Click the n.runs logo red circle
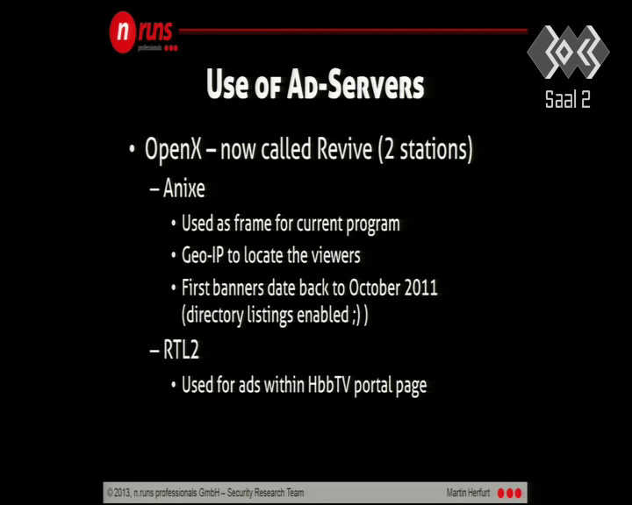(122, 32)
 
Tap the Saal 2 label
(568, 99)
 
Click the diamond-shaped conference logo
(568, 52)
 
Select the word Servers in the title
(376, 85)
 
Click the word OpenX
(173, 149)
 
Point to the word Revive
(344, 149)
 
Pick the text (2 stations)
(425, 150)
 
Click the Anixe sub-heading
(184, 188)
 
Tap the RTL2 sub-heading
(181, 350)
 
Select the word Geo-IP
(202, 255)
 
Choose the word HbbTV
(329, 384)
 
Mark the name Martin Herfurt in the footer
(468, 493)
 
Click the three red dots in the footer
(509, 493)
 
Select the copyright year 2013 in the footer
(122, 493)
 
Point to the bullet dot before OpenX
(132, 148)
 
